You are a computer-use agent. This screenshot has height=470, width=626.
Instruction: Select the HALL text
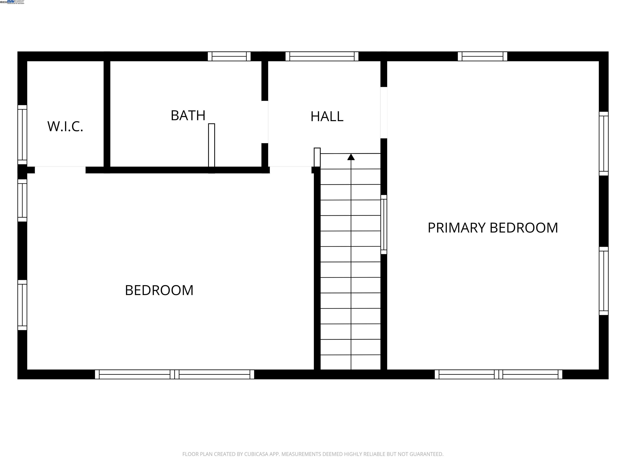coord(327,116)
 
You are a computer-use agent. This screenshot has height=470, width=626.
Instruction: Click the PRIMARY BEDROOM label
coord(492,228)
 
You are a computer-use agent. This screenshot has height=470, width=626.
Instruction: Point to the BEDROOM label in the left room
coord(159,290)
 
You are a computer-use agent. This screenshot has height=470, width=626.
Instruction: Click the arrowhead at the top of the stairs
coord(351,157)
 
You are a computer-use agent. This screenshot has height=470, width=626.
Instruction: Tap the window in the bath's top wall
coord(229,56)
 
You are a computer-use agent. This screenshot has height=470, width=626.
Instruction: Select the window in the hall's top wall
coord(322,56)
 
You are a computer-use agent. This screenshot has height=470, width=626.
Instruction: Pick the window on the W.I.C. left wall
coord(22,135)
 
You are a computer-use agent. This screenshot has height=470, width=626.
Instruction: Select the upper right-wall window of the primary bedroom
coord(603,144)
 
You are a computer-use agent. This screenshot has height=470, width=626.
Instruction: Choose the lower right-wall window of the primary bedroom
coord(603,281)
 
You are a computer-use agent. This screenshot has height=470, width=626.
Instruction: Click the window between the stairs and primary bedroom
coord(384,224)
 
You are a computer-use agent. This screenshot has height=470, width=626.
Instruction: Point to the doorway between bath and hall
coord(265,122)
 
